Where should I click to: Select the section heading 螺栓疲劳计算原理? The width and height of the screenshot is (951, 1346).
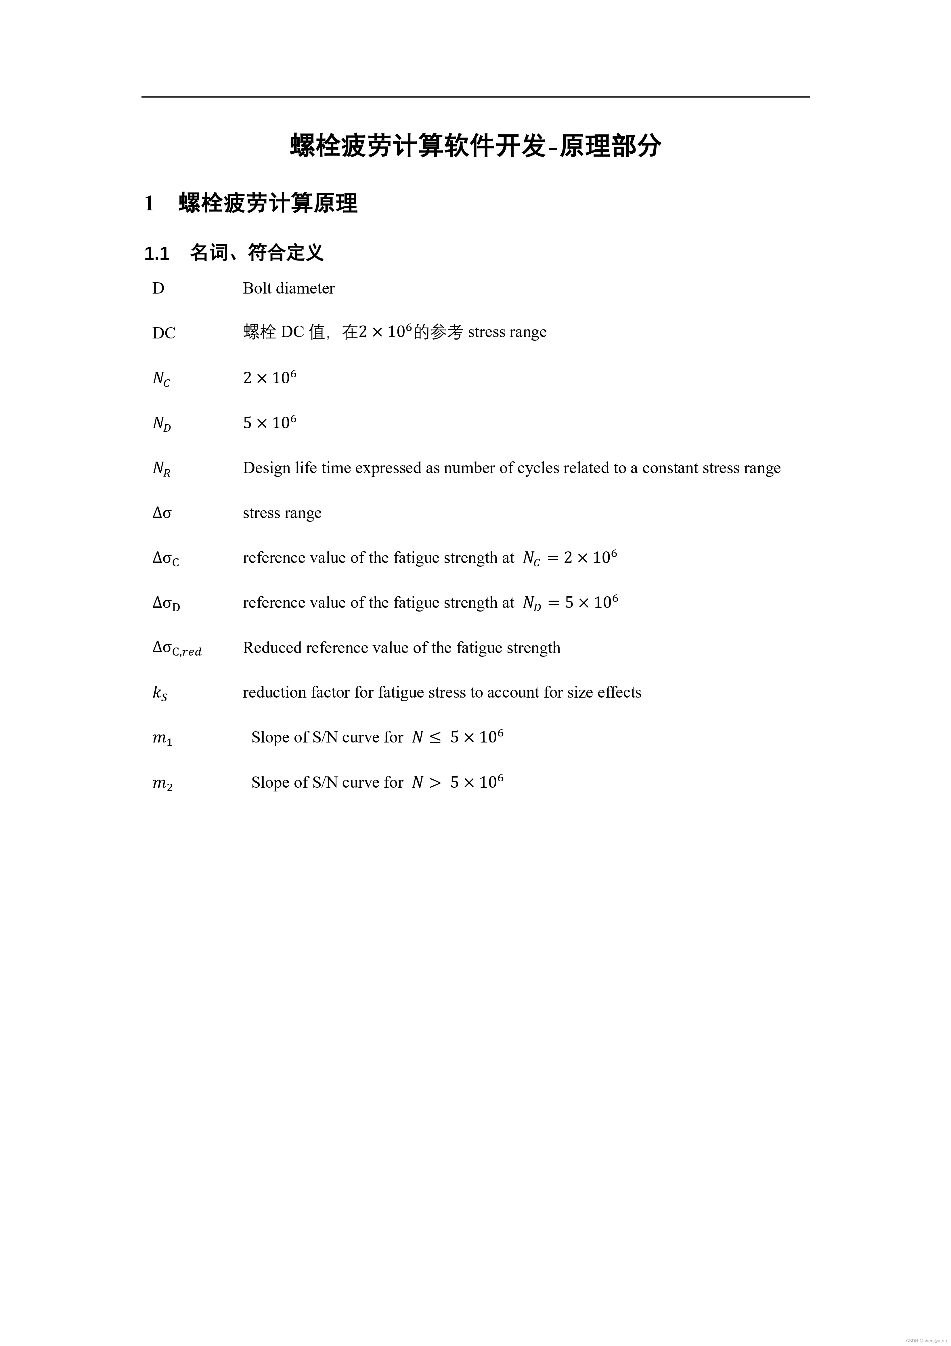click(268, 203)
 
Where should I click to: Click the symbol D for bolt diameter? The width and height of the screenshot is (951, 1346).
click(158, 288)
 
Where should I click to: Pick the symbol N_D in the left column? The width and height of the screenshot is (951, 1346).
click(162, 423)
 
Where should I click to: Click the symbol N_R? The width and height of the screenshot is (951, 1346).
click(161, 469)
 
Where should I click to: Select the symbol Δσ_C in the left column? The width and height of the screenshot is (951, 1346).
click(166, 558)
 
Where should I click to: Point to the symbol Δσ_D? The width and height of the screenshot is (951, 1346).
click(167, 603)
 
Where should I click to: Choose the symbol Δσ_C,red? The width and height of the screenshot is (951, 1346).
click(177, 648)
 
